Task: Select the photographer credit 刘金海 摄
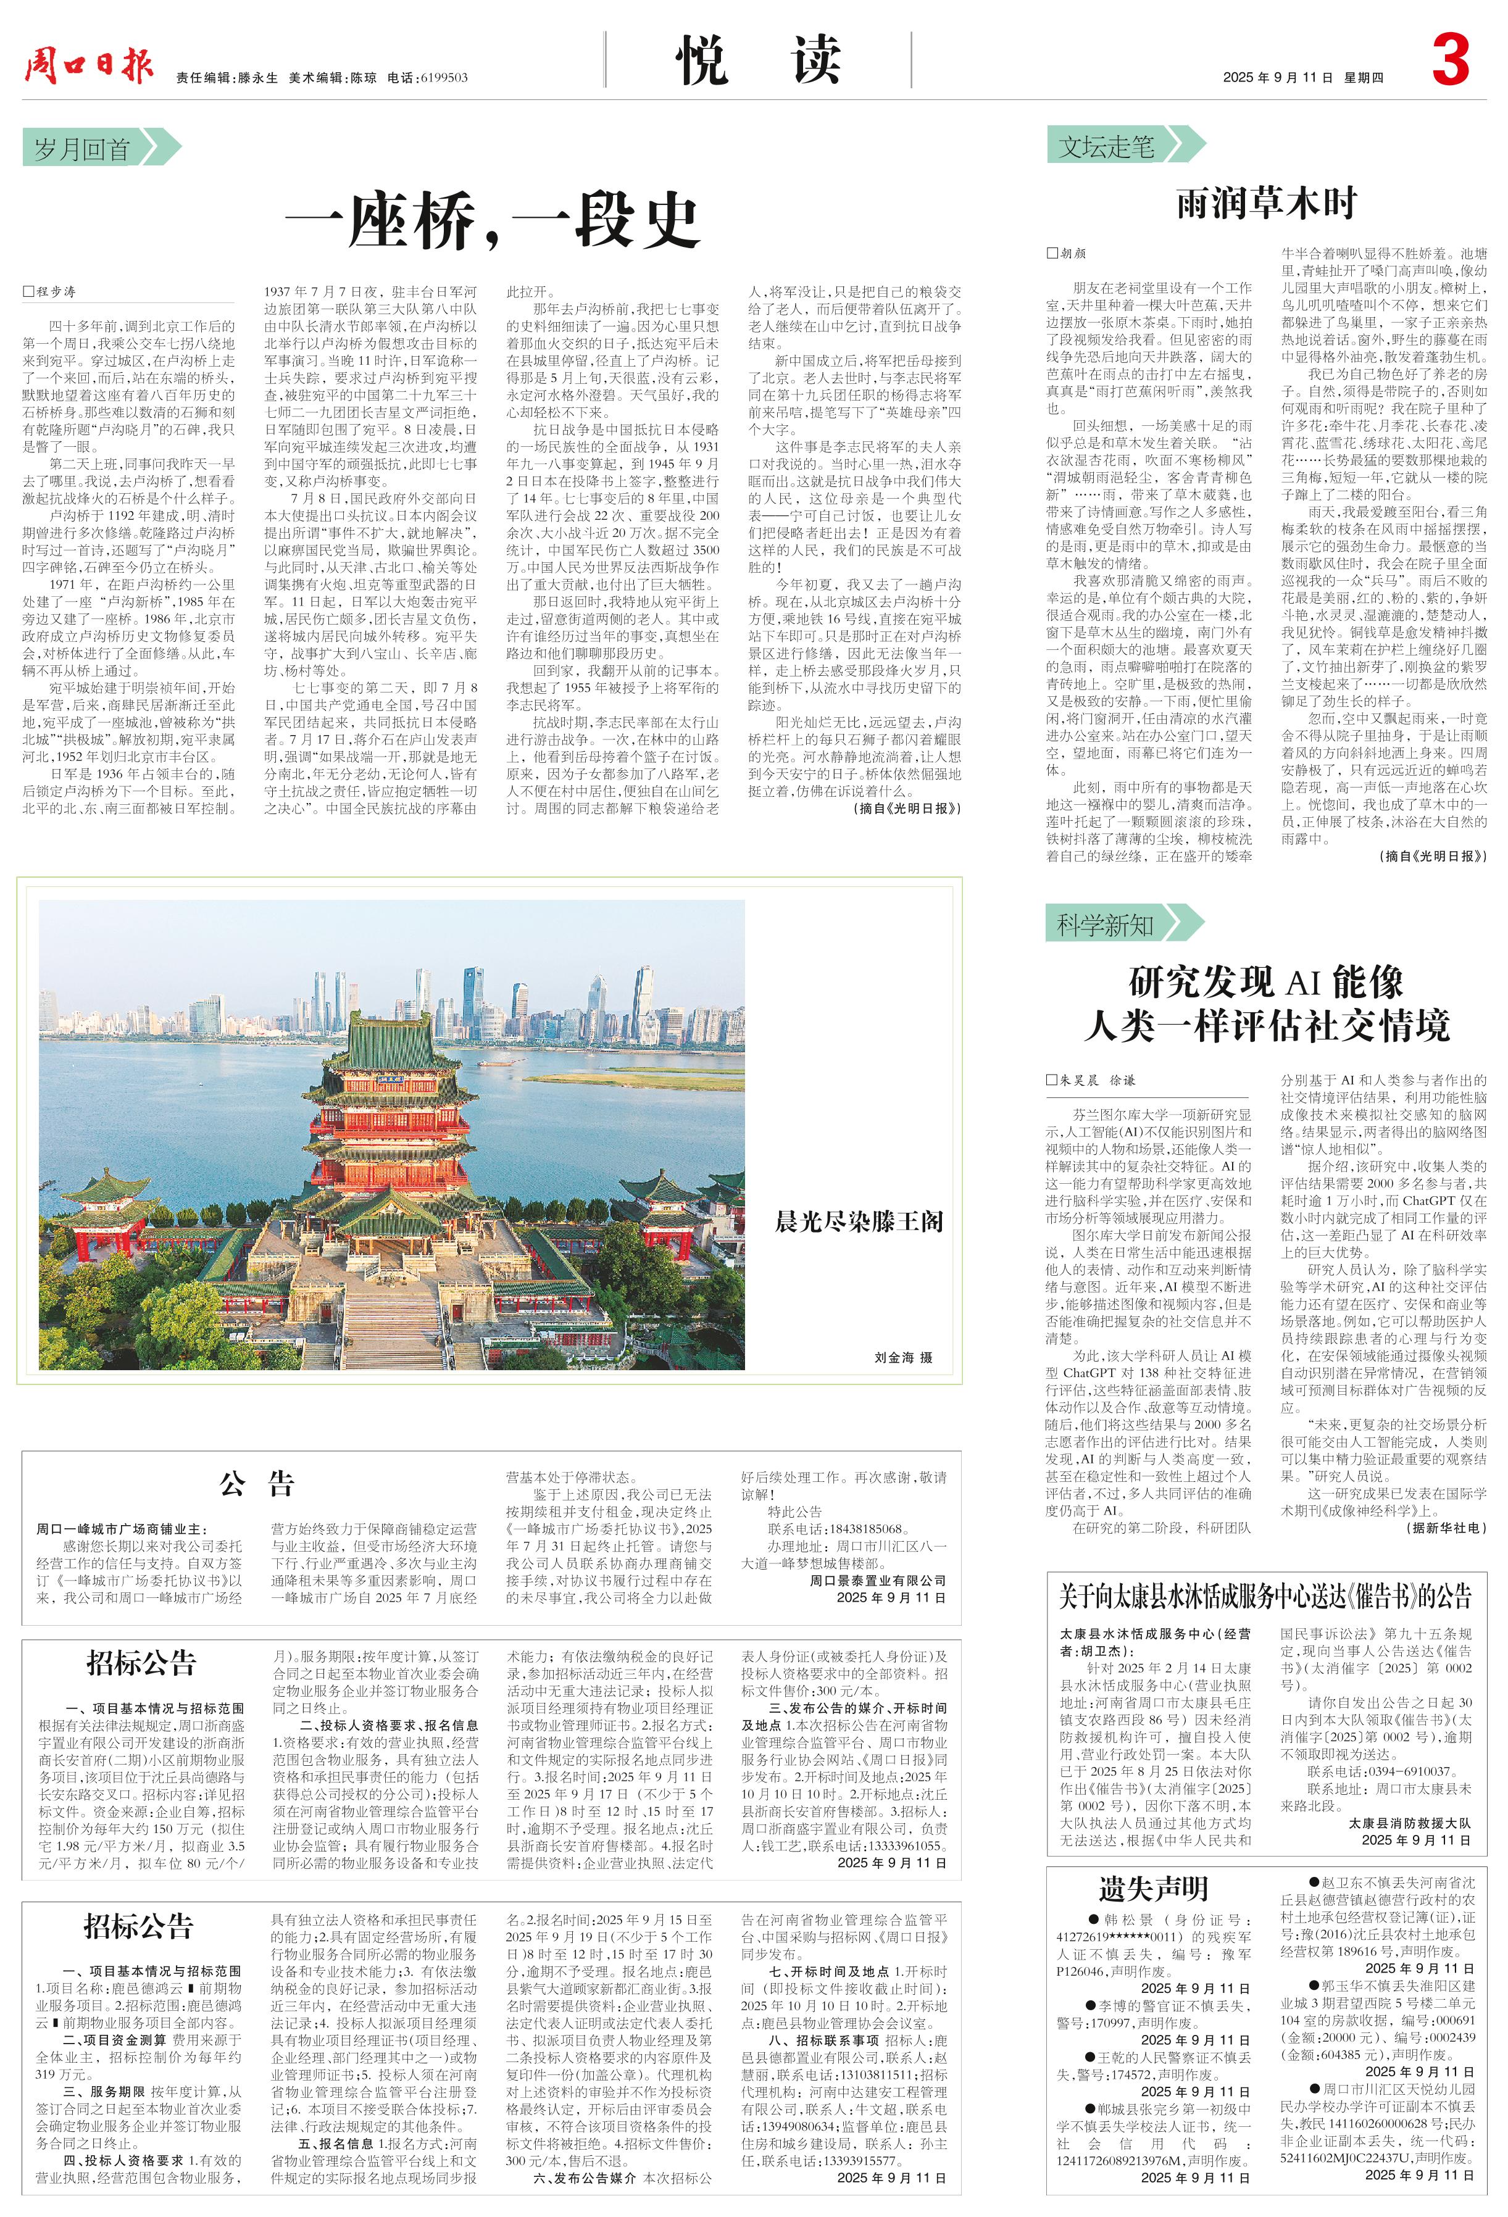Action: [x=902, y=1357]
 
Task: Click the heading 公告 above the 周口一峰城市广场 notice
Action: [x=257, y=1483]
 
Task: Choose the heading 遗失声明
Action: [x=1152, y=1888]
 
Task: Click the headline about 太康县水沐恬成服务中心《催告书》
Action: [x=1266, y=1596]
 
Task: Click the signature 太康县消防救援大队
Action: [x=1408, y=1822]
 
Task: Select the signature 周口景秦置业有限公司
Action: [x=878, y=1581]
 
